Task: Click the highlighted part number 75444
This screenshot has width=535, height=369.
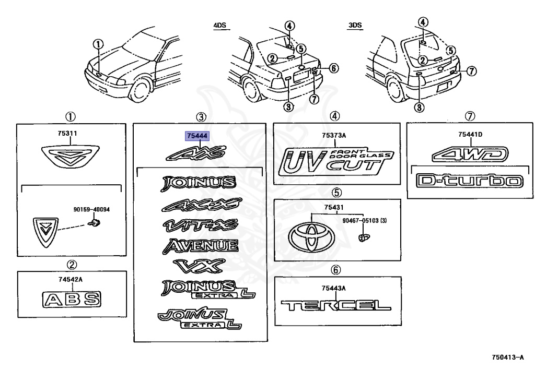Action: click(x=197, y=136)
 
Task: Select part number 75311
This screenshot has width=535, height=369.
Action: click(x=67, y=134)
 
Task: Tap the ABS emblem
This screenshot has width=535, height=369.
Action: click(x=71, y=300)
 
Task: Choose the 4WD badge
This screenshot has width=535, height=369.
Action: click(x=469, y=154)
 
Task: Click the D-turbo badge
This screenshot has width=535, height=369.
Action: click(x=469, y=181)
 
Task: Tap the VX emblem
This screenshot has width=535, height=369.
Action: click(x=199, y=266)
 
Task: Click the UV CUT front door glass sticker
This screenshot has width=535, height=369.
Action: click(x=336, y=161)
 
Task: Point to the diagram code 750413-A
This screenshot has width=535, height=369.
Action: click(x=507, y=358)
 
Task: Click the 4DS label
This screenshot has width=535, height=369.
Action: click(x=221, y=25)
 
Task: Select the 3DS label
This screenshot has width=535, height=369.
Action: click(x=355, y=25)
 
